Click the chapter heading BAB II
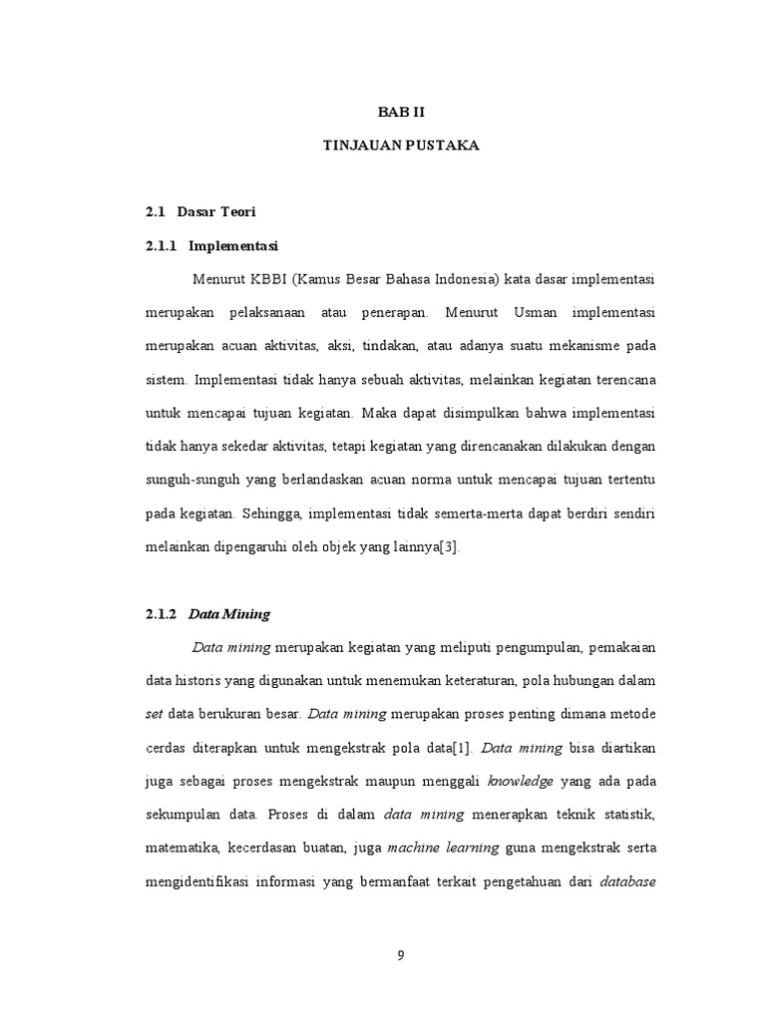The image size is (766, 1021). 401,113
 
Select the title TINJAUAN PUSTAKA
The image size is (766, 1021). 401,146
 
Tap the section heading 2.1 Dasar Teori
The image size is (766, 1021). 200,211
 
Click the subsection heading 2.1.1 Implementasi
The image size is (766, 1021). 210,244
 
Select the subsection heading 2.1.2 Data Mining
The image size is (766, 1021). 207,614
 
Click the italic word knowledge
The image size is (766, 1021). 520,782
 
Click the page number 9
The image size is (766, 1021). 401,955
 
